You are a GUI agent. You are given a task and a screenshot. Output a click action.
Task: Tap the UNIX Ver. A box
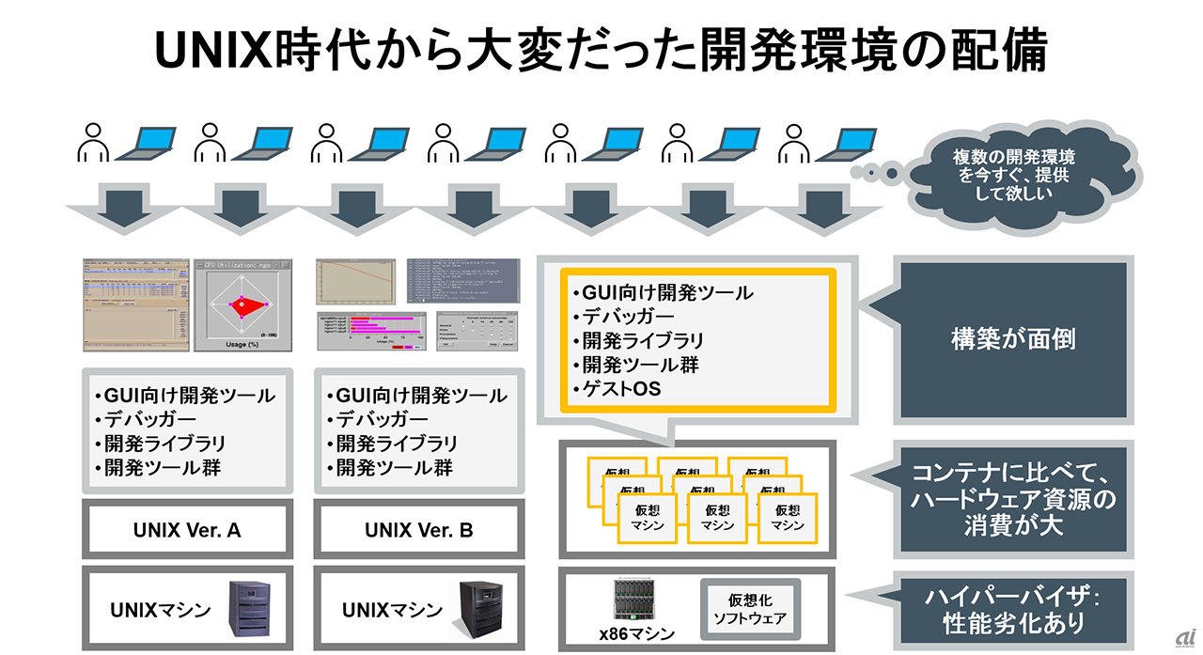[186, 530]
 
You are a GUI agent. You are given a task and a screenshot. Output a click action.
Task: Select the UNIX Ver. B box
[418, 530]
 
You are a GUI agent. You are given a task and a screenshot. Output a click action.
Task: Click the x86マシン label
[637, 634]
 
